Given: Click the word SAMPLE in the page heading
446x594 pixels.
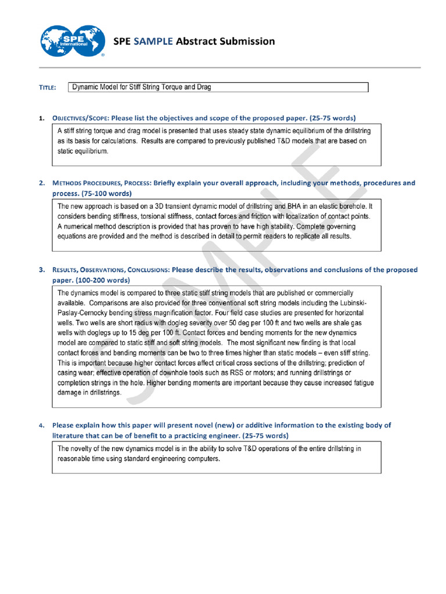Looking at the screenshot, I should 153,41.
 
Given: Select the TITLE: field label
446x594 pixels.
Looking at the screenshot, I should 48,88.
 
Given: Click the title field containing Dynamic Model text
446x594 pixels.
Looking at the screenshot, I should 218,88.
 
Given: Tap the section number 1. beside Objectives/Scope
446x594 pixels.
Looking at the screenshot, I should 42,118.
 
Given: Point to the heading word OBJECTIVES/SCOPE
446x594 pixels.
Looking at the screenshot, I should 85,118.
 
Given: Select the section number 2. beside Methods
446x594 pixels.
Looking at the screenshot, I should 42,183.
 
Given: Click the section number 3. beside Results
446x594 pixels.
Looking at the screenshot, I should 42,270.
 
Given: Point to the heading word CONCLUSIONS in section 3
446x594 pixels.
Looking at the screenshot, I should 149,270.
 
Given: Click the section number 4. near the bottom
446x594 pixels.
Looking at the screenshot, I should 42,426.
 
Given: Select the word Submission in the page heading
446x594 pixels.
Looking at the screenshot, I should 246,41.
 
